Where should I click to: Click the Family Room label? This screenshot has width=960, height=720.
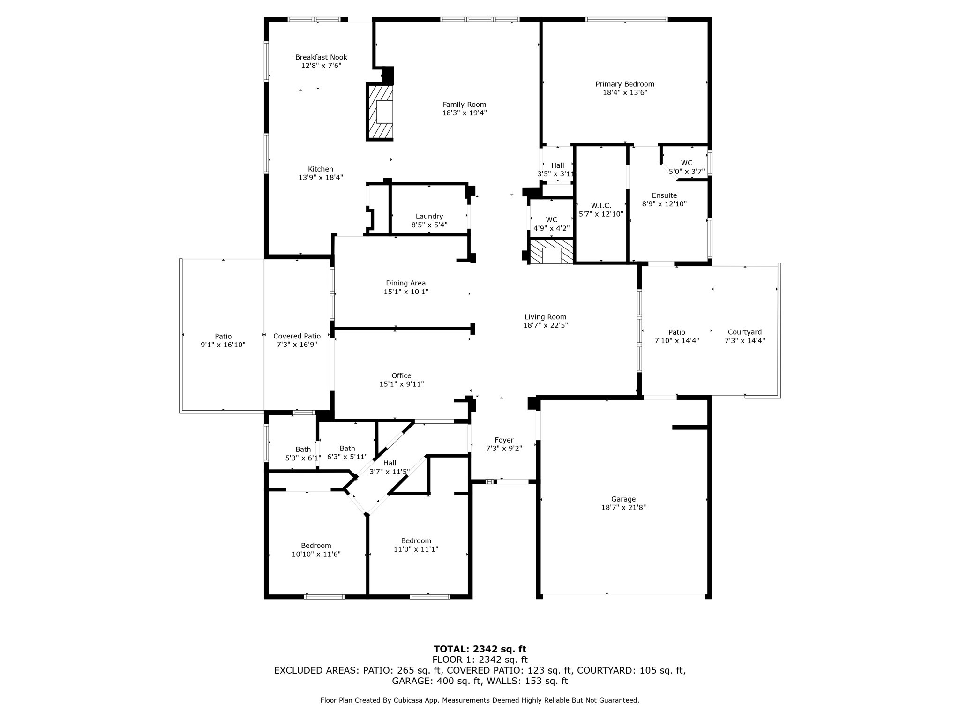tap(464, 105)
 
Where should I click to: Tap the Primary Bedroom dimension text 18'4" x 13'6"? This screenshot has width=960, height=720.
tap(625, 93)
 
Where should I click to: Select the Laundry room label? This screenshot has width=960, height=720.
tap(429, 216)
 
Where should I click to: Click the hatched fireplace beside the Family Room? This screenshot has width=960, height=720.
tap(380, 112)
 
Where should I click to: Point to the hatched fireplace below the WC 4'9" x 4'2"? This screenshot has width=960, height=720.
tap(551, 253)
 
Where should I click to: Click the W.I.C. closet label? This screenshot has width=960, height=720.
tap(601, 205)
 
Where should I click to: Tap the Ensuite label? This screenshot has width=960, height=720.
tap(664, 195)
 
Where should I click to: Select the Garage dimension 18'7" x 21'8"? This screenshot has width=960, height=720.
tap(623, 507)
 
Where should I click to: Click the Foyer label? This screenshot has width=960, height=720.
tap(504, 440)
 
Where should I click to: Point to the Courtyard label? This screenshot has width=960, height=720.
tap(744, 332)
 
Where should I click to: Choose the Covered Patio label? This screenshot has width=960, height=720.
tap(297, 336)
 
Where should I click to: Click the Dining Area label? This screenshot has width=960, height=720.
tap(405, 283)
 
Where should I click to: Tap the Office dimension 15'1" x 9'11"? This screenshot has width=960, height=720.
tap(401, 384)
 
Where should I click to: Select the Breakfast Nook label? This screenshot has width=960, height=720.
tap(321, 57)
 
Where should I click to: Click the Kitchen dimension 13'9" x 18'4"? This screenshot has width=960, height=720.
tap(321, 178)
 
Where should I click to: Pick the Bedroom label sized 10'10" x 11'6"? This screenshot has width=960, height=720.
tap(316, 545)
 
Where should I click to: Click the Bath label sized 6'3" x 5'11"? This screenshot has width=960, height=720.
tap(347, 448)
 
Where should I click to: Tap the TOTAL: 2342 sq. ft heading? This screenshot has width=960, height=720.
tap(480, 649)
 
